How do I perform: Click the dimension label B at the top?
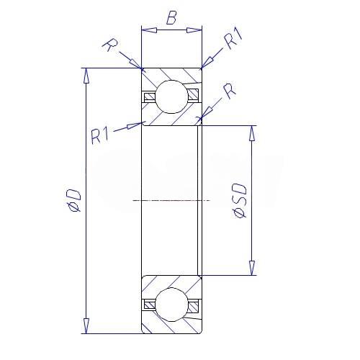click(171, 18)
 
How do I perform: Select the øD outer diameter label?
click(73, 200)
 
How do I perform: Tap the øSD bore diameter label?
click(239, 201)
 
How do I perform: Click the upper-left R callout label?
click(110, 45)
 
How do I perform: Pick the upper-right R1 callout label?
click(233, 37)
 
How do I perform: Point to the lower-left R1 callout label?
click(100, 136)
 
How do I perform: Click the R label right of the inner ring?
click(230, 91)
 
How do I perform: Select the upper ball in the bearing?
click(171, 96)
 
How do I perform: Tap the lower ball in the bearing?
click(171, 305)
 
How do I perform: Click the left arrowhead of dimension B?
click(149, 30)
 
